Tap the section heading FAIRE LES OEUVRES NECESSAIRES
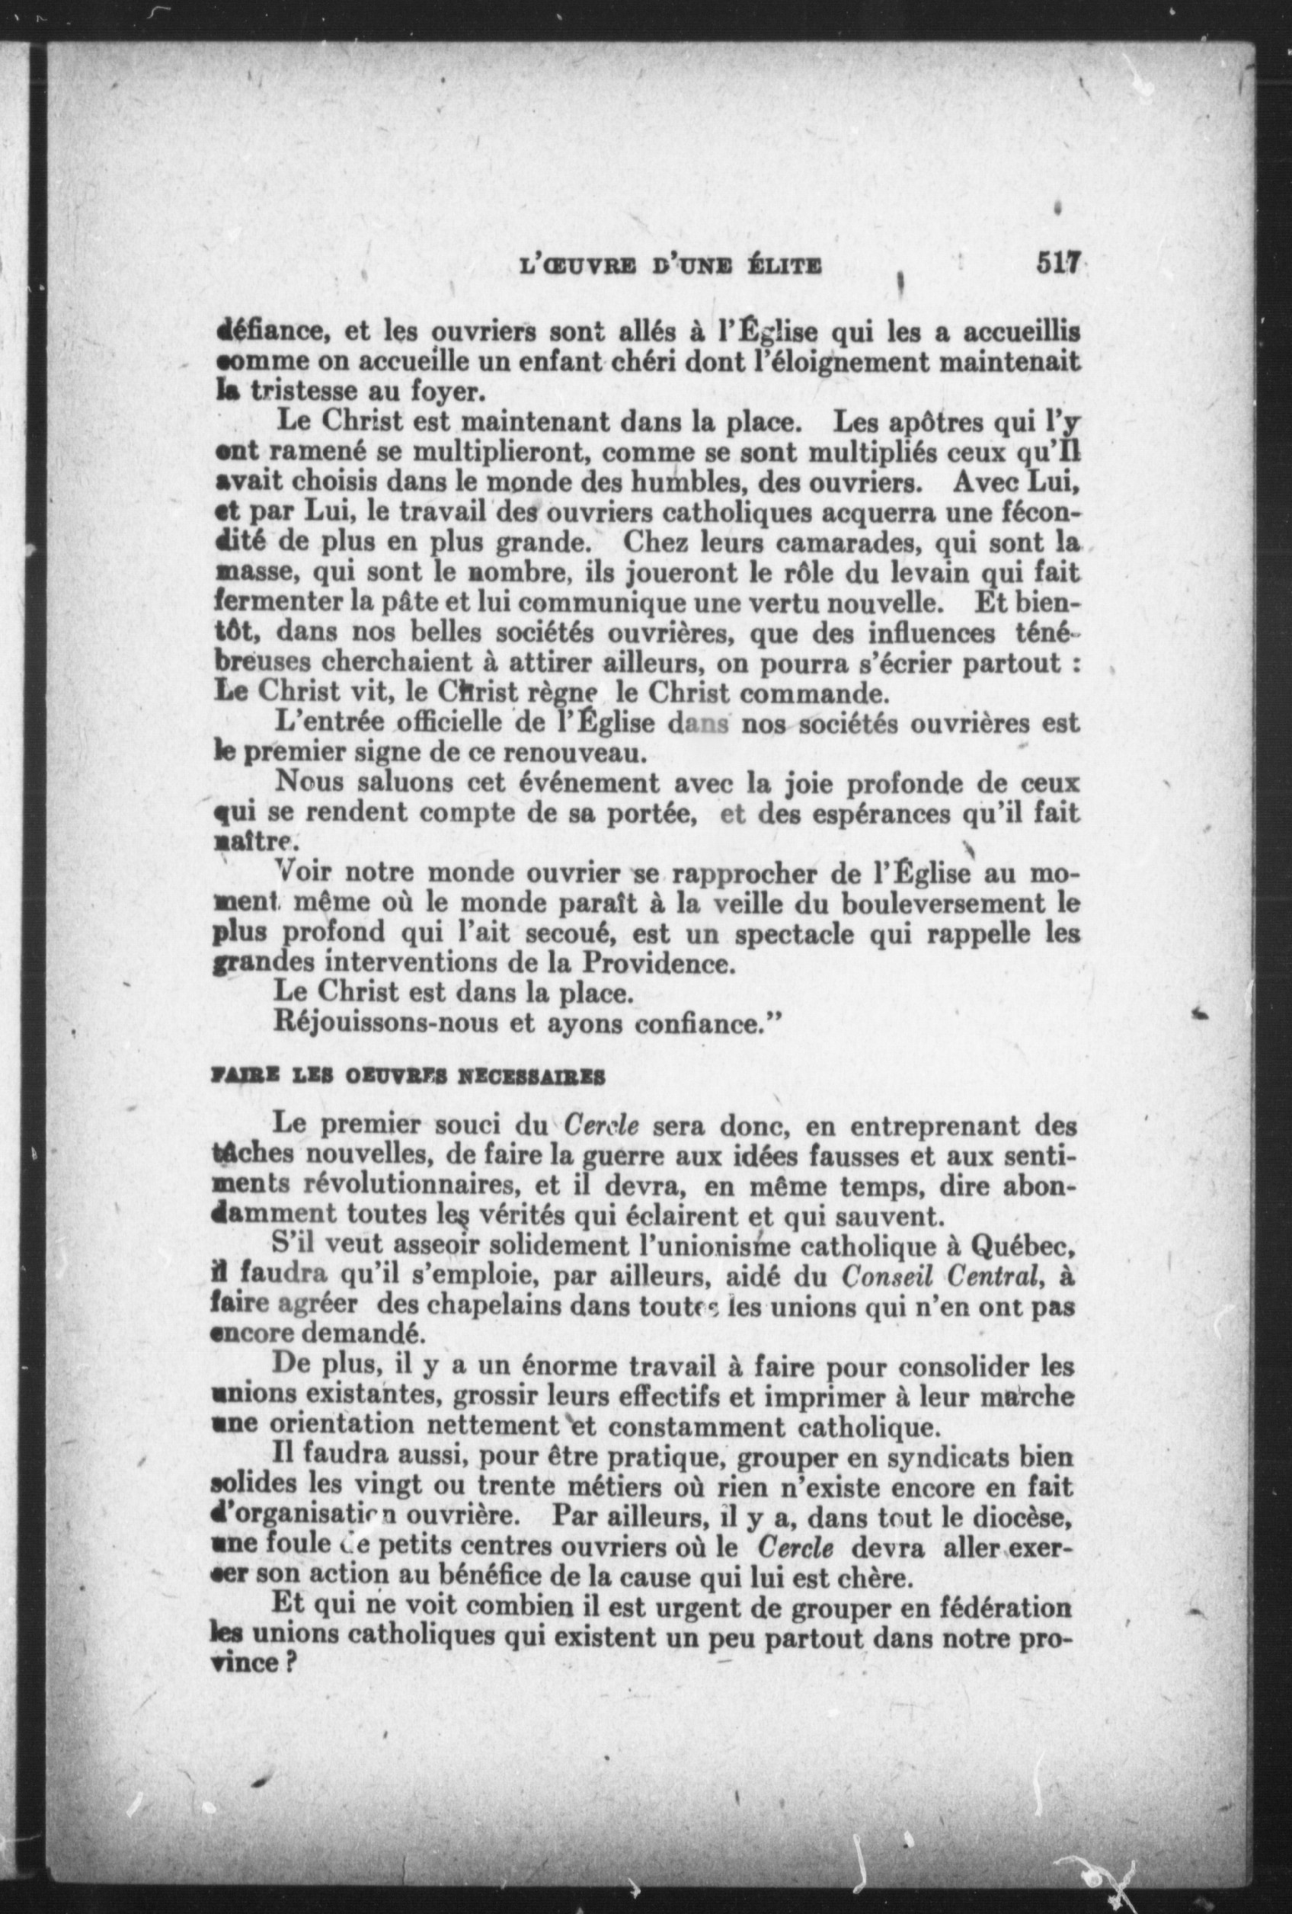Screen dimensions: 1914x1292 click(409, 1077)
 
